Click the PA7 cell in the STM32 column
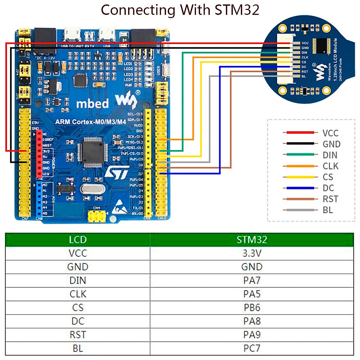coord(252,280)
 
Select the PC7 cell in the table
coord(252,348)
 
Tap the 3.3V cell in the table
coord(252,253)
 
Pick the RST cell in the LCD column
coord(78,335)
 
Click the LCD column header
coord(78,240)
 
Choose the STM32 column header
coord(252,240)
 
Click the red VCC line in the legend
coord(300,132)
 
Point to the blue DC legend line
coord(300,188)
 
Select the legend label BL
coord(328,210)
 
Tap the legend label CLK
coord(330,166)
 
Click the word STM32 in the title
coord(237,10)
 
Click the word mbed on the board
coord(92,104)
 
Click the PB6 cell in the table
coord(252,307)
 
